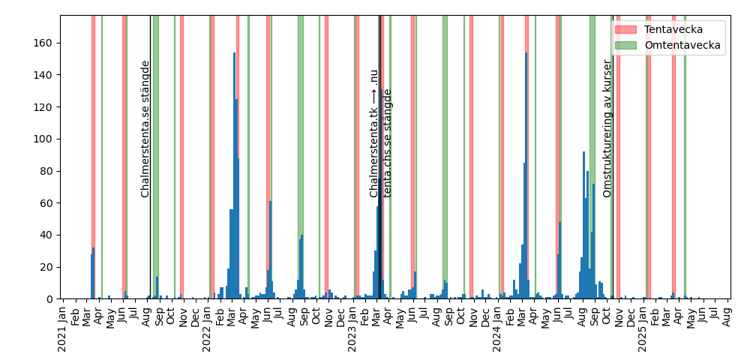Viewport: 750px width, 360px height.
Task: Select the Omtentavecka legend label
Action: tap(682, 45)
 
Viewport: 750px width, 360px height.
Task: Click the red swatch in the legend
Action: tap(625, 29)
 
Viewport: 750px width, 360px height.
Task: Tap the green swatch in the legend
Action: tap(625, 45)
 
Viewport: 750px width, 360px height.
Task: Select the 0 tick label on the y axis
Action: tap(50, 299)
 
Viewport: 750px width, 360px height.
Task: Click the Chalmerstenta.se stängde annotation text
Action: tap(145, 129)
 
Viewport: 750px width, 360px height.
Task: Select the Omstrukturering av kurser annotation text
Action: tap(607, 129)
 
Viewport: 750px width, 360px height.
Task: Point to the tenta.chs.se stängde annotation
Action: tap(388, 143)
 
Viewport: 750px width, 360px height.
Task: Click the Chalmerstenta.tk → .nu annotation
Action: tap(373, 133)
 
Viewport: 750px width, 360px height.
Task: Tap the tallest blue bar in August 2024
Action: tap(583, 225)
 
